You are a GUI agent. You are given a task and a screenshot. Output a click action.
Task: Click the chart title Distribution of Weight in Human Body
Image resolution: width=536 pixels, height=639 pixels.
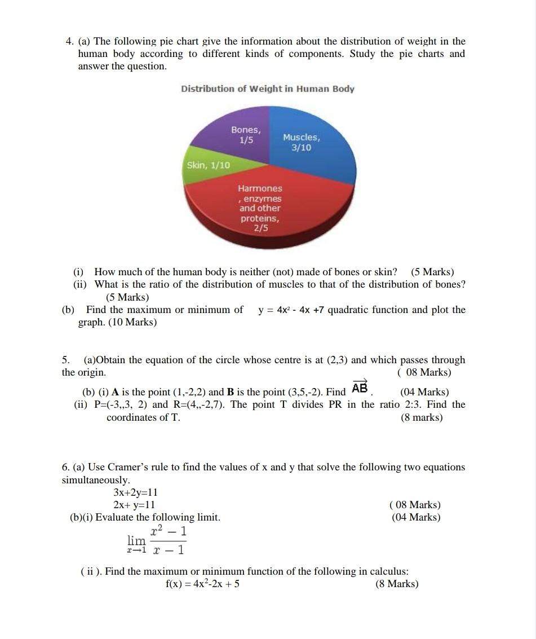point(267,89)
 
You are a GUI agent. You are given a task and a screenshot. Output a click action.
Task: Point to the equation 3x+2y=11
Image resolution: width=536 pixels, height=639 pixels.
point(135,492)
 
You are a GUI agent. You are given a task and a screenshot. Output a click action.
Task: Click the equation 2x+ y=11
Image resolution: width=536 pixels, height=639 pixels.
point(134,505)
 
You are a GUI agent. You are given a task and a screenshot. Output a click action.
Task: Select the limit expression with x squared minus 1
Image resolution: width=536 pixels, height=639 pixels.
point(157,540)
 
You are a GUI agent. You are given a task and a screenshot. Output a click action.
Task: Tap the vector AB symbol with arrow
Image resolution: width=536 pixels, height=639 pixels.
point(360,388)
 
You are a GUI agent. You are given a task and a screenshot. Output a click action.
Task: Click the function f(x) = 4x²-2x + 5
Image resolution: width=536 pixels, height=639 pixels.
point(202,584)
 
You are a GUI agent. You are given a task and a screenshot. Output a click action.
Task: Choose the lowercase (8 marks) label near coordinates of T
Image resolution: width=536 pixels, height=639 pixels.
point(422,417)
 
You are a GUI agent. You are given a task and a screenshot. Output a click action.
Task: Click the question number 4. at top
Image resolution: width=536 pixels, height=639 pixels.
point(70,41)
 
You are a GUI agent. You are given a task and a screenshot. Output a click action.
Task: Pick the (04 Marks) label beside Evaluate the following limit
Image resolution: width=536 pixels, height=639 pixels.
point(416,517)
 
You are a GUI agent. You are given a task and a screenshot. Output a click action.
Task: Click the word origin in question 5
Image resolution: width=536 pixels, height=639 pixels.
point(90,372)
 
